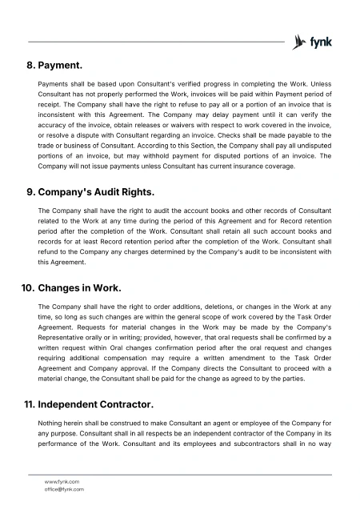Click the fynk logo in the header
coord(313,41)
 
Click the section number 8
coord(30,63)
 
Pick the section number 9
coord(30,193)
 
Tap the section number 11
coord(27,406)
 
